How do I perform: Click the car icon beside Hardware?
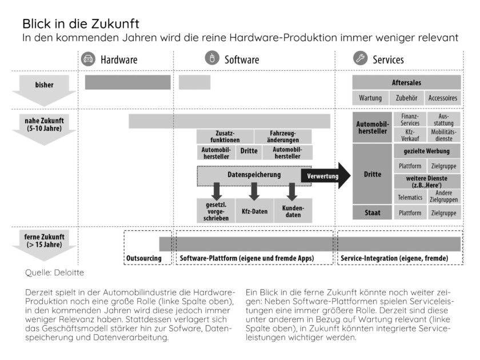click(88, 58)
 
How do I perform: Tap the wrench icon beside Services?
click(360, 58)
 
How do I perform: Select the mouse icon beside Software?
click(212, 58)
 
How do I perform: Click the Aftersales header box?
click(406, 82)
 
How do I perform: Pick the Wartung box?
click(370, 98)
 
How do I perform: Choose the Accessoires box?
click(443, 98)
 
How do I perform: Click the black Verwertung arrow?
click(326, 176)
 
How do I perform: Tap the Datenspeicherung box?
click(254, 175)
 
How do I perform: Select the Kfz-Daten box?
click(254, 211)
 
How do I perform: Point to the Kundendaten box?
click(293, 211)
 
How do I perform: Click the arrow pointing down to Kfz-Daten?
click(254, 191)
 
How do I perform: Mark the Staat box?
click(372, 213)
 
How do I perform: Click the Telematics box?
click(410, 197)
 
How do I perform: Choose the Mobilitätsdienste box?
click(443, 135)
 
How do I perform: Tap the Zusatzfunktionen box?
click(225, 137)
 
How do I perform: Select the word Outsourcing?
click(144, 258)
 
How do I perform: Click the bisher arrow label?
click(44, 85)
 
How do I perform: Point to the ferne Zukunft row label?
click(44, 241)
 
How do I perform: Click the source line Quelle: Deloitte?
click(54, 273)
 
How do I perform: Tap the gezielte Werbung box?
click(427, 151)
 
